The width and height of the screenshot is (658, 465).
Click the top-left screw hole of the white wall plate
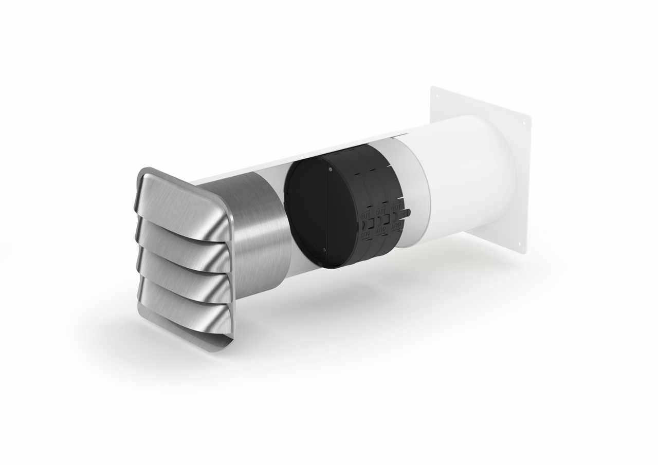[x=435, y=96]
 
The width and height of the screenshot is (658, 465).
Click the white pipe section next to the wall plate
[x=463, y=185]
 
